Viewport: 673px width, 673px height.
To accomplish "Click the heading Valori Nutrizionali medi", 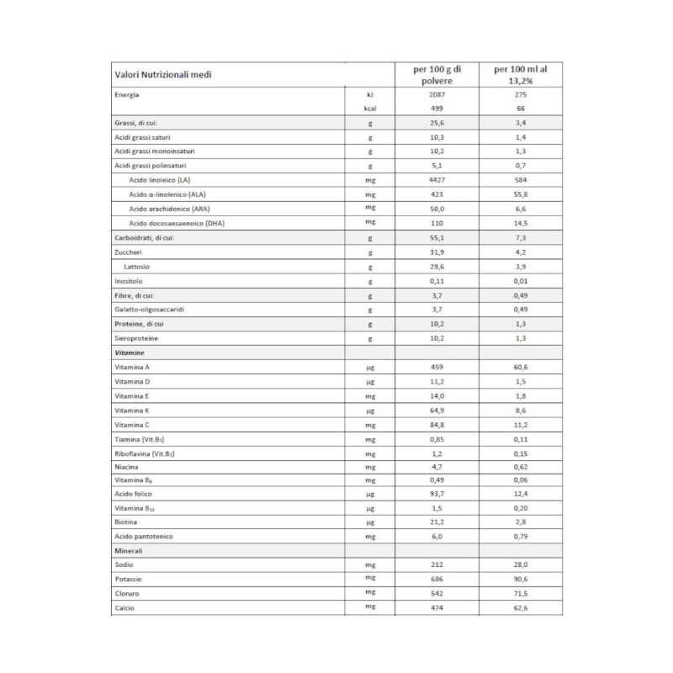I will click(x=162, y=75).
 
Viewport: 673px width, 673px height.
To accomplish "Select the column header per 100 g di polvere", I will click(x=436, y=74).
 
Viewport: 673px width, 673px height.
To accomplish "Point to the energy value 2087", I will click(x=436, y=95).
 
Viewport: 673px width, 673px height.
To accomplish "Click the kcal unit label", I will click(x=369, y=109).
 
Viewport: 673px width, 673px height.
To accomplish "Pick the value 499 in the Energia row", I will click(x=436, y=109).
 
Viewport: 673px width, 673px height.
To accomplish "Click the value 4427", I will click(x=436, y=180).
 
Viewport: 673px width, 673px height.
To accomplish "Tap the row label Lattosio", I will click(x=137, y=266).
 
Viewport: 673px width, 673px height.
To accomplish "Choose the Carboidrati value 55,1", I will click(x=436, y=238).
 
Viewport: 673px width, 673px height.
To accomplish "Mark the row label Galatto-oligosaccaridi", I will click(x=150, y=310).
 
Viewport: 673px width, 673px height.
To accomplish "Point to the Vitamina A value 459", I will click(x=436, y=368).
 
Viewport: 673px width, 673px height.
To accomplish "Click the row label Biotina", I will click(x=127, y=522).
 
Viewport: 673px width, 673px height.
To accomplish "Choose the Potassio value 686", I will click(x=436, y=580).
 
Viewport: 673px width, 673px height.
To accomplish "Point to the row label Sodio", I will click(x=125, y=565).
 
